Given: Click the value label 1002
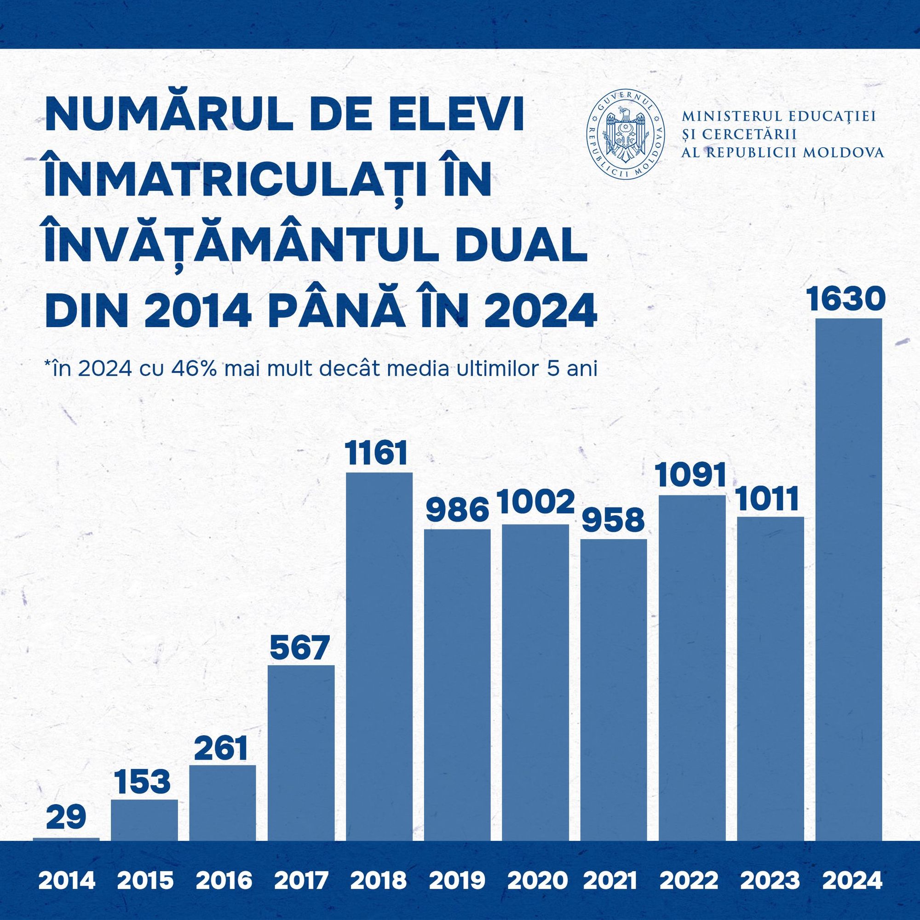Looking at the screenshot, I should coord(536,503).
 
